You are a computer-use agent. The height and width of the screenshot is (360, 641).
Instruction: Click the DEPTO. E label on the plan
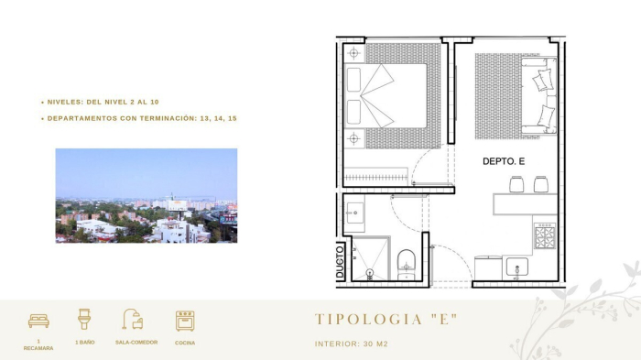[504, 162]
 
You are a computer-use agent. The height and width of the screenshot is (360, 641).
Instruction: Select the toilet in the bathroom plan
[407, 263]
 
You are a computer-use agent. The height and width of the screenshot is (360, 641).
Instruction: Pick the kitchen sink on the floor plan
[517, 267]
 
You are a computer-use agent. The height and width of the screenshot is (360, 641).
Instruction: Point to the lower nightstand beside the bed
[354, 138]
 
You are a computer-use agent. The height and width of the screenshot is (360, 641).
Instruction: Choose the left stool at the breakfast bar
[516, 184]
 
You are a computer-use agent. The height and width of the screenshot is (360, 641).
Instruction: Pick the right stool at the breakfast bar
[540, 184]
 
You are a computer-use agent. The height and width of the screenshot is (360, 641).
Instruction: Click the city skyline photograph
[146, 195]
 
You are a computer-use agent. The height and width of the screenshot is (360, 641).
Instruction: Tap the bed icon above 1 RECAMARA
[38, 321]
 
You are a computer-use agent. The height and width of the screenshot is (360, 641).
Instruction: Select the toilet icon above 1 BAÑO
[84, 319]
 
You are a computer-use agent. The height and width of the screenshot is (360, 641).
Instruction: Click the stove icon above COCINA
[185, 321]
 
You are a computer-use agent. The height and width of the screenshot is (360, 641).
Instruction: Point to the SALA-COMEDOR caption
[136, 343]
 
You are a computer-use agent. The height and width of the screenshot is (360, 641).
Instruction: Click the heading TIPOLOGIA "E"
[386, 320]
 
